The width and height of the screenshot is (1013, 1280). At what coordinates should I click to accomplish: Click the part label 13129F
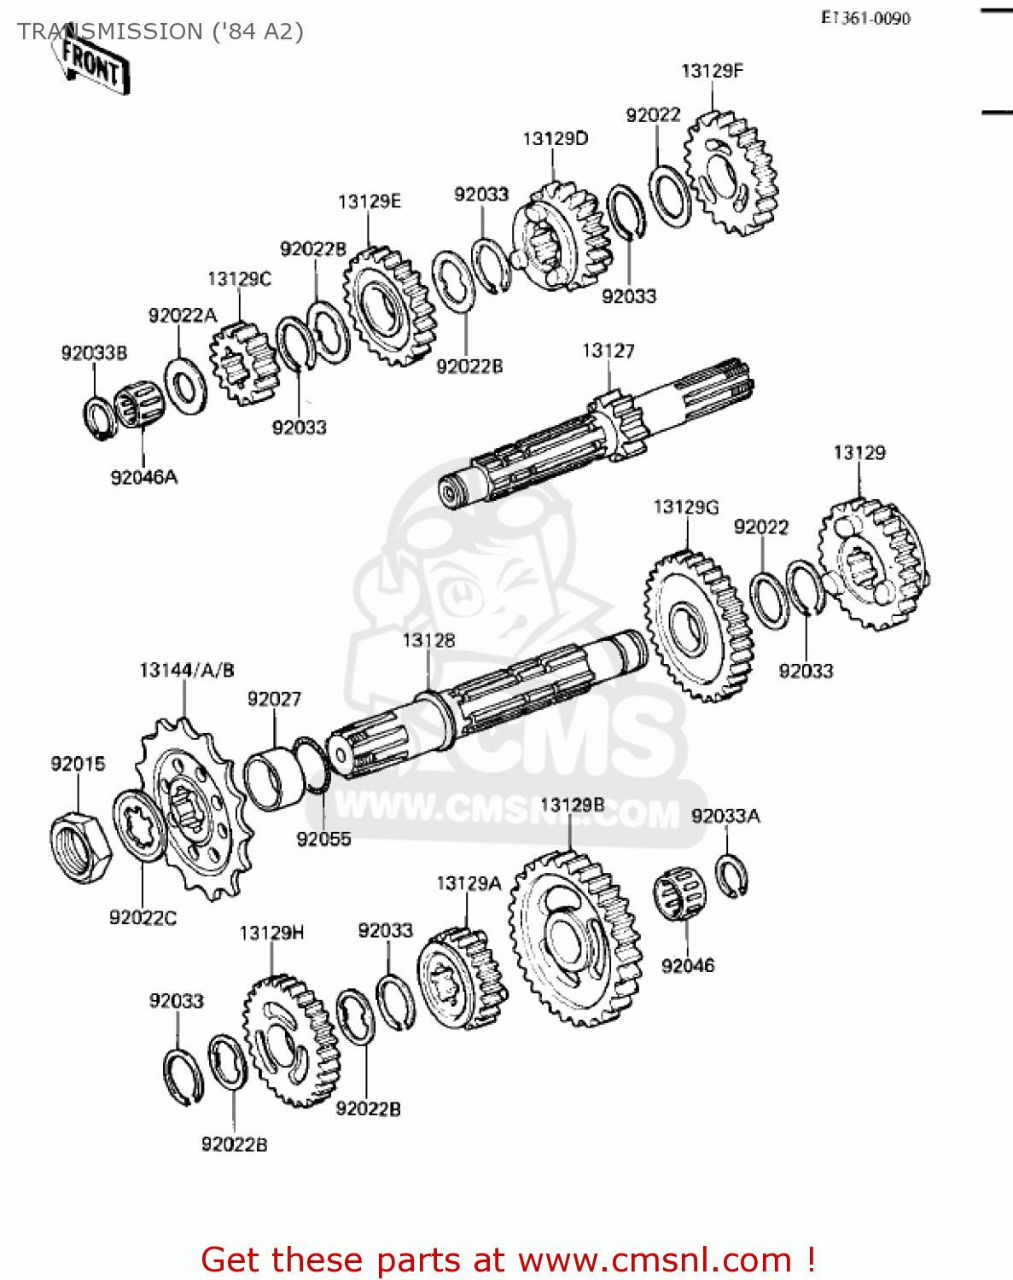712,71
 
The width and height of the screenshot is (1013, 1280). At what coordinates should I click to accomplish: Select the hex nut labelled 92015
80,846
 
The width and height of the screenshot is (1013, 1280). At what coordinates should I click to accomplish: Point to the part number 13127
608,351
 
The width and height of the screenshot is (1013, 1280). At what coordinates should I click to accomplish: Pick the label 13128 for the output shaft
428,640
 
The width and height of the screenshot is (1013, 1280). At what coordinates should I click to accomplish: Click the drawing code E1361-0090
865,18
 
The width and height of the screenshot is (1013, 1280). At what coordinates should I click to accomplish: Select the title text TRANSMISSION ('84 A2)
160,32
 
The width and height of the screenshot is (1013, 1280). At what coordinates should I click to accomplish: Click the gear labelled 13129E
388,305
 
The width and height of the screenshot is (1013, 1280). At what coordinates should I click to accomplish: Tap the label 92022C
143,917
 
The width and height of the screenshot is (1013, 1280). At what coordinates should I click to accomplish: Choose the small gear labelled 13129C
242,362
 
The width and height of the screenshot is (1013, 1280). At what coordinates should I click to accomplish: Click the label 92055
323,839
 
